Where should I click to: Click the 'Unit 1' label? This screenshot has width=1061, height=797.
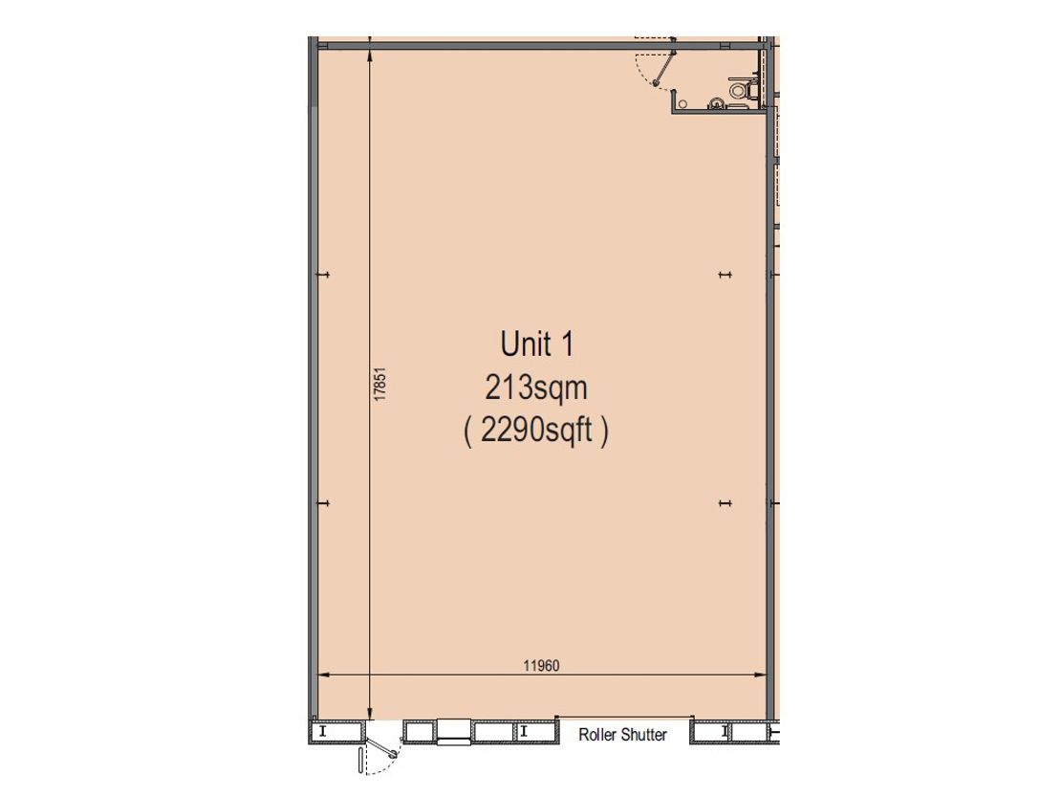coord(537,344)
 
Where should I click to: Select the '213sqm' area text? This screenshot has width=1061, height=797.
coord(536,388)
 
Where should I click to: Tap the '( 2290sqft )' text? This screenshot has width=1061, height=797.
coord(536,431)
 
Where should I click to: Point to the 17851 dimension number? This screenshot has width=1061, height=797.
coord(380,384)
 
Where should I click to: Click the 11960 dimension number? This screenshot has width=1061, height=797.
coord(541,666)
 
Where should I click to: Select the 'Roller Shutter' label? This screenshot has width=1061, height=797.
coord(622,735)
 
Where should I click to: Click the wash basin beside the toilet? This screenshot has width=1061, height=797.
coord(717,103)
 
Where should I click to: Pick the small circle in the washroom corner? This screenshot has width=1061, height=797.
coord(682,103)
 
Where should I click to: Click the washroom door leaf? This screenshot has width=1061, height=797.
coord(664,68)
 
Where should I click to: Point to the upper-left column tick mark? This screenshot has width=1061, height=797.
coord(324,275)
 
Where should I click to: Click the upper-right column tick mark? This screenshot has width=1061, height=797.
coord(725,275)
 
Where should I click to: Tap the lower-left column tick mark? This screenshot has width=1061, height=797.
coord(324,503)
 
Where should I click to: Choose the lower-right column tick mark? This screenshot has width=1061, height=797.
coord(725,503)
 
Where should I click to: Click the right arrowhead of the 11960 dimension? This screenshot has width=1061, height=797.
coord(762,675)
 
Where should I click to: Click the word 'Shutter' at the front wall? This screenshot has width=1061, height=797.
coord(644,735)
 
